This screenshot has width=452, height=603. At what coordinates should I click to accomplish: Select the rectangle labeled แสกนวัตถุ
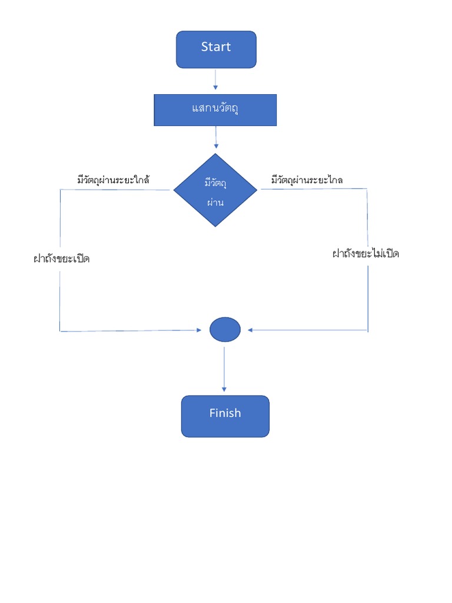tap(215, 110)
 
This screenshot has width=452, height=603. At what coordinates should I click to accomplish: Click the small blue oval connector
tap(225, 330)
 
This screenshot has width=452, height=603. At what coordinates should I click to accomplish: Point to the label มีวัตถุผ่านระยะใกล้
tap(113, 180)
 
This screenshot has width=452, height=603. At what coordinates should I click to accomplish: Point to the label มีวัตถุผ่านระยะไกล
tap(307, 180)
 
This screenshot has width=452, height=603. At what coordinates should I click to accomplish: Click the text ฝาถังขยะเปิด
tap(61, 259)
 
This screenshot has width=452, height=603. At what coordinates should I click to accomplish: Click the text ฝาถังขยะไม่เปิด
tap(365, 254)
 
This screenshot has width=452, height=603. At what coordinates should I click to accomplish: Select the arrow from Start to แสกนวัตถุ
tap(215, 79)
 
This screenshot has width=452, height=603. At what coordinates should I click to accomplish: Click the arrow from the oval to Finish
tap(224, 368)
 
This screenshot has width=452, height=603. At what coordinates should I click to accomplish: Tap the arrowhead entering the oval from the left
tap(198, 330)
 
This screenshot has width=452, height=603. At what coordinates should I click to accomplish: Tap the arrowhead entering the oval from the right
tap(250, 330)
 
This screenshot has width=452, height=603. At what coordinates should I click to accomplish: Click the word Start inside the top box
tap(216, 47)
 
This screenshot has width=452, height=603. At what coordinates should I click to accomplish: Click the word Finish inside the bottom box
tap(225, 413)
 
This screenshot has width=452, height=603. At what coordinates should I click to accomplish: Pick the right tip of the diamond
tap(257, 190)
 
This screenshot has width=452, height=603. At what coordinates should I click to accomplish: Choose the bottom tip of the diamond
tap(215, 226)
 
